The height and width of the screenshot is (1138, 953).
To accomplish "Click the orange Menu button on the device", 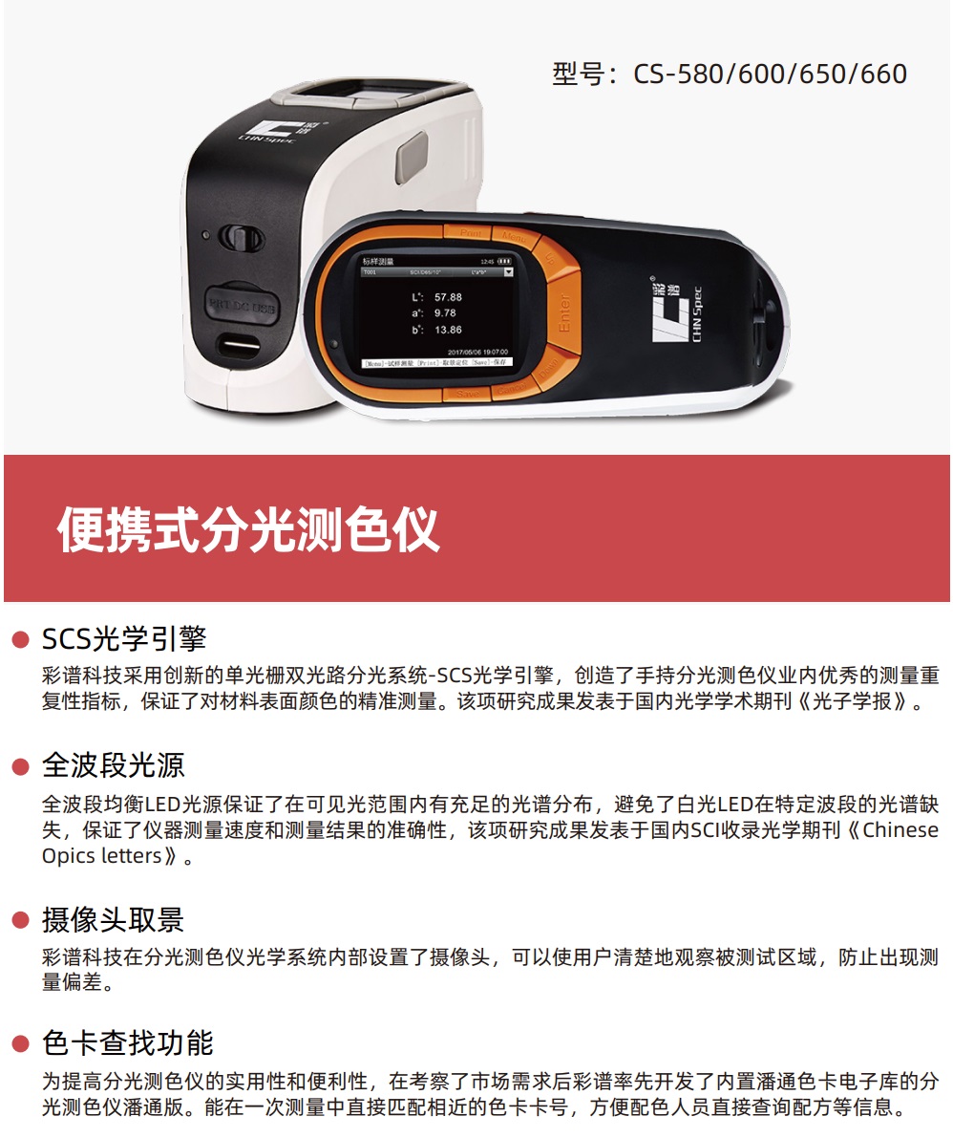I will pyautogui.click(x=513, y=233).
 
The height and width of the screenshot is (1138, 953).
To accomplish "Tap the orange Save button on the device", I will pyautogui.click(x=468, y=393).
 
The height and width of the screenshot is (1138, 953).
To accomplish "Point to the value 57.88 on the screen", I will pyautogui.click(x=447, y=297).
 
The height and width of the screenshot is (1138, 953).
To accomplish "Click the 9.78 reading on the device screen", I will pyautogui.click(x=445, y=313).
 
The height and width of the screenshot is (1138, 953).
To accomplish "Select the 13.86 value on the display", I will pyautogui.click(x=447, y=330).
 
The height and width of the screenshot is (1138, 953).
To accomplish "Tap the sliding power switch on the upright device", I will pyautogui.click(x=233, y=237).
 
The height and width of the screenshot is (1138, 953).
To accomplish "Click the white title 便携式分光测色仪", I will pyautogui.click(x=248, y=529).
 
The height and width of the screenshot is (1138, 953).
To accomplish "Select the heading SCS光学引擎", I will pyautogui.click(x=124, y=638).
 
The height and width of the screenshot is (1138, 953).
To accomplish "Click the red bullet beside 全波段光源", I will pyautogui.click(x=20, y=766).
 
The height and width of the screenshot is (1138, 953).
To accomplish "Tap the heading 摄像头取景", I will pyautogui.click(x=113, y=920).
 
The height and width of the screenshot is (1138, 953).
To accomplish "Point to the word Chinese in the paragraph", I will pyautogui.click(x=900, y=829).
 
